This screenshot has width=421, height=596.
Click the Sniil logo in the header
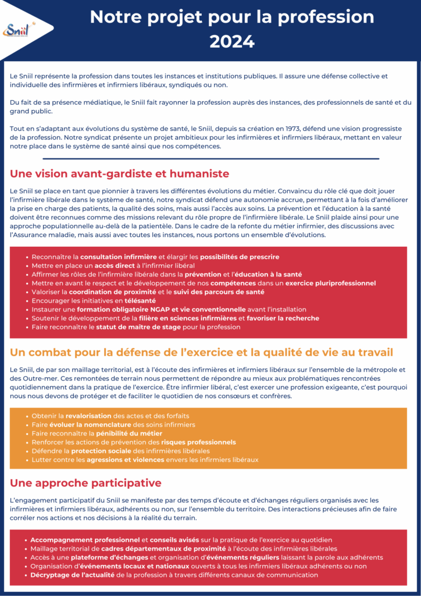click(x=18, y=29)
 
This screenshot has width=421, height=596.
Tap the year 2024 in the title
click(x=232, y=42)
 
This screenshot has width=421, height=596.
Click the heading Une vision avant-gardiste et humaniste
click(x=120, y=173)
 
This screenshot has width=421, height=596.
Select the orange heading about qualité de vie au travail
click(x=201, y=352)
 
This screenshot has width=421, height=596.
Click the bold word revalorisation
click(x=88, y=416)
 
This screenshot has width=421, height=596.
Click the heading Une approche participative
click(x=85, y=483)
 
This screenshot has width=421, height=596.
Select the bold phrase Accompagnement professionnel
click(x=85, y=540)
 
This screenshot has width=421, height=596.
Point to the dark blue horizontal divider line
click(x=211, y=158)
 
